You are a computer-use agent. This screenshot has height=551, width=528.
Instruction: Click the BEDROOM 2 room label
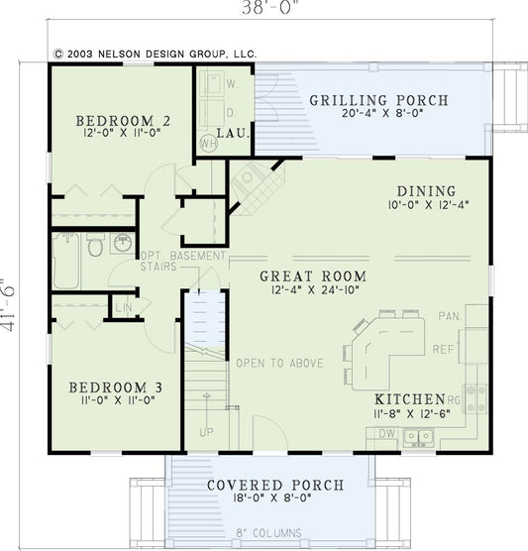pos(124,122)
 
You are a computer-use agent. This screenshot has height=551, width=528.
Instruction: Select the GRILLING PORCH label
pos(378,101)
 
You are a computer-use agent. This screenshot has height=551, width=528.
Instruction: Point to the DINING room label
pos(426,191)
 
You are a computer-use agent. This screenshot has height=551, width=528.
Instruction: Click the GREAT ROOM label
pos(313,276)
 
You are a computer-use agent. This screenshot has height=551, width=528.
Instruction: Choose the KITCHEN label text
pos(409,398)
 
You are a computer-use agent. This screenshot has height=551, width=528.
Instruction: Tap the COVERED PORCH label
pos(275,486)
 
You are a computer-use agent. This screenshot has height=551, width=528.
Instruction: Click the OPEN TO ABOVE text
pos(278,364)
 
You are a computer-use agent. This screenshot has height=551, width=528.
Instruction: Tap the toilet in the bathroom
pos(95,245)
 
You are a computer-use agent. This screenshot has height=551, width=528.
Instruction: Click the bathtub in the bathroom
pos(66,261)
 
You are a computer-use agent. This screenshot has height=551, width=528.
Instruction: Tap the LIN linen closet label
pos(123,308)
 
